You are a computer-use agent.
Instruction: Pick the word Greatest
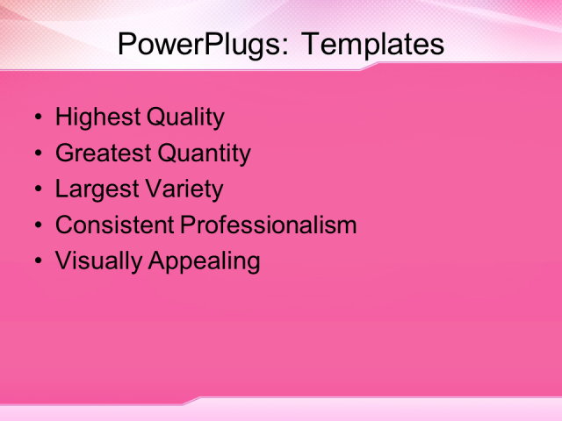pos(103,153)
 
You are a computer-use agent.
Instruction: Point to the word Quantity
pos(204,153)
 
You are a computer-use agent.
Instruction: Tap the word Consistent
pos(114,225)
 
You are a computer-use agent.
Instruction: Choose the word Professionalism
pos(268,225)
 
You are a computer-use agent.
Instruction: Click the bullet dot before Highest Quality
pos(37,118)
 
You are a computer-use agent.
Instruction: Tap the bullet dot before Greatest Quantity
pos(37,154)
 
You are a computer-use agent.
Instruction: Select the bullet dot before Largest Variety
pos(37,189)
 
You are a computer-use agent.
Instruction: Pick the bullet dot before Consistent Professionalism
pos(37,225)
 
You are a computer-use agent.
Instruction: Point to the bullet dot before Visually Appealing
pos(37,261)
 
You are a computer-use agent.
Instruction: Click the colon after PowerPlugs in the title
pos(284,46)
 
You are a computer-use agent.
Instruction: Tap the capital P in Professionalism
pos(187,225)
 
